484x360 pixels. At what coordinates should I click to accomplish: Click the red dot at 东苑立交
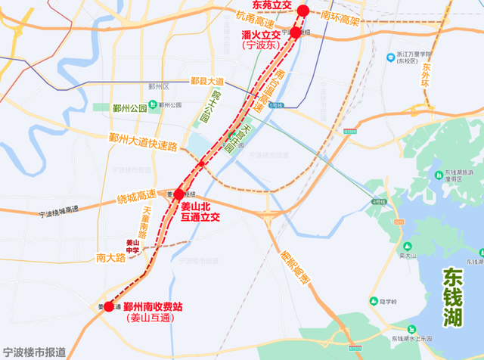point(303,11)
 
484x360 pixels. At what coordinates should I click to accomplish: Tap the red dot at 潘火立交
point(296,33)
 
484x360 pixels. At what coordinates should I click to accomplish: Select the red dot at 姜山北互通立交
point(179,194)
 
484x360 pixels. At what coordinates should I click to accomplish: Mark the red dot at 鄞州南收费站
point(109,306)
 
